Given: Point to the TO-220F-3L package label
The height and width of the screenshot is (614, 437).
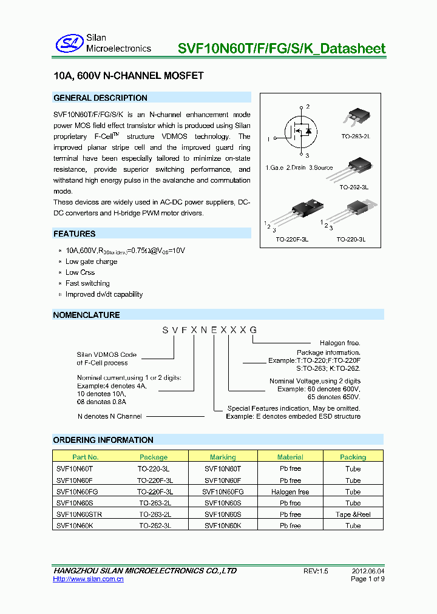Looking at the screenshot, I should (293, 240).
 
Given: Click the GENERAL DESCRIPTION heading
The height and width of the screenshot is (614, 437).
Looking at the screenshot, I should (100, 98).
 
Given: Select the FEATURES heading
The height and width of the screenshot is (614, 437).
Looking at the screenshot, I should (74, 234).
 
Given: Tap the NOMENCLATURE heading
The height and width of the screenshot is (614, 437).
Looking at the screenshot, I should (86, 315).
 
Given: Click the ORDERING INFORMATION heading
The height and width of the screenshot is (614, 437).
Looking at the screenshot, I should (103, 440).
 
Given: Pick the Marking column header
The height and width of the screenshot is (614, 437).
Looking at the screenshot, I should (223, 457).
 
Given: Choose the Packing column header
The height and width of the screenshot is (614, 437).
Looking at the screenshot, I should (353, 457).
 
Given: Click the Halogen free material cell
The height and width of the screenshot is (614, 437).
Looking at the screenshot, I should (290, 492).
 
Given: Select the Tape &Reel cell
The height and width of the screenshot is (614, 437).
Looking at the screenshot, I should (353, 514).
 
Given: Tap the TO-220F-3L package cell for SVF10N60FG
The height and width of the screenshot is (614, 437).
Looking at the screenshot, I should (155, 492).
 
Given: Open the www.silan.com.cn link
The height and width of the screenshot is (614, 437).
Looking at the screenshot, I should (89, 579).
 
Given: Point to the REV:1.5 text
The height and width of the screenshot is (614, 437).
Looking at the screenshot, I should (316, 571).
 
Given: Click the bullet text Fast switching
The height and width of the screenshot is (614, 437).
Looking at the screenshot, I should (87, 283).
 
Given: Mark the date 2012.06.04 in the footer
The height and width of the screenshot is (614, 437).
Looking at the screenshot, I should (368, 571).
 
